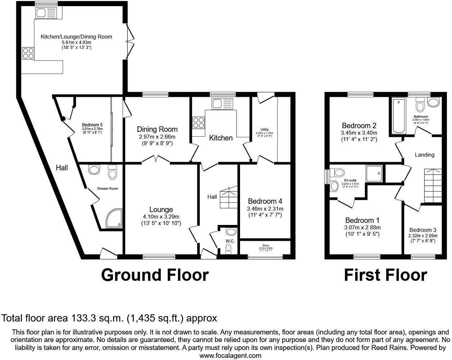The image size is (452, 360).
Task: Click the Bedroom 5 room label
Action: [x=92, y=125]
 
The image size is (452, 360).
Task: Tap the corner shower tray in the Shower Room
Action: [x=114, y=219]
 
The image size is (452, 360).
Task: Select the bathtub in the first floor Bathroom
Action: [x=399, y=116]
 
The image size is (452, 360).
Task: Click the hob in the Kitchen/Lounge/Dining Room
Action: [x=28, y=53]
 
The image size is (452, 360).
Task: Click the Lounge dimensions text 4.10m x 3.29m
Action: [x=161, y=217]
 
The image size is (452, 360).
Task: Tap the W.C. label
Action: [x=230, y=241]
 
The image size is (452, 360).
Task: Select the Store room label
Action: [x=266, y=246]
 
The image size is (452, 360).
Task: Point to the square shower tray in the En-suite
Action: [x=374, y=174]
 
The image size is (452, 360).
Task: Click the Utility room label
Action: [x=265, y=130]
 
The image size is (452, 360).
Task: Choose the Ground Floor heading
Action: [x=155, y=275]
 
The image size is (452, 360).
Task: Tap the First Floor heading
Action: [x=385, y=275]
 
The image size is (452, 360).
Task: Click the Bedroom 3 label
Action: [x=423, y=230]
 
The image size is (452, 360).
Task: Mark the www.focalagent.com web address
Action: [x=230, y=356]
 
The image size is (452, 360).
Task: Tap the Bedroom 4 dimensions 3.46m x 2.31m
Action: [x=265, y=209]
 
